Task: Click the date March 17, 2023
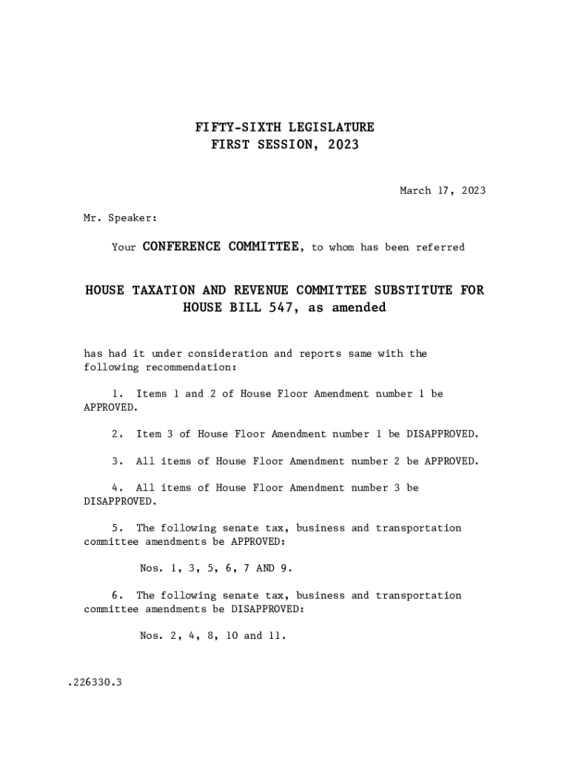(x=443, y=191)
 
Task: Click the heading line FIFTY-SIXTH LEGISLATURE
(x=284, y=127)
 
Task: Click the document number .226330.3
(x=94, y=682)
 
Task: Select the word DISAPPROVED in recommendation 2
(x=442, y=434)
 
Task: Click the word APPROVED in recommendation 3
(x=451, y=461)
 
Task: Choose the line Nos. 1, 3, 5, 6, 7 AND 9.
(x=216, y=568)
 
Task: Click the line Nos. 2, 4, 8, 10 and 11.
(x=212, y=636)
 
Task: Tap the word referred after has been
(x=440, y=247)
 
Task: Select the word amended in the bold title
(x=359, y=307)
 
